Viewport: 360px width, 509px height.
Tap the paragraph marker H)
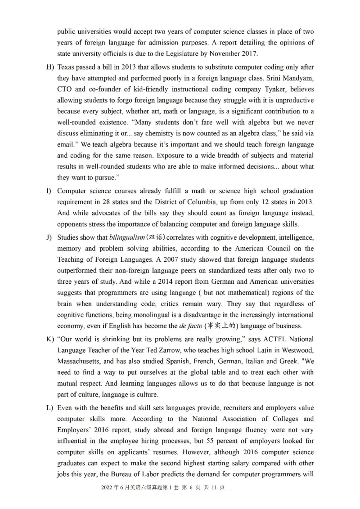click(x=50, y=67)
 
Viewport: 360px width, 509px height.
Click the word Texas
click(x=66, y=67)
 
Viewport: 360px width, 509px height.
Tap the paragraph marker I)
click(x=49, y=191)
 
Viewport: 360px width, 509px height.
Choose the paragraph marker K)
click(x=50, y=339)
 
